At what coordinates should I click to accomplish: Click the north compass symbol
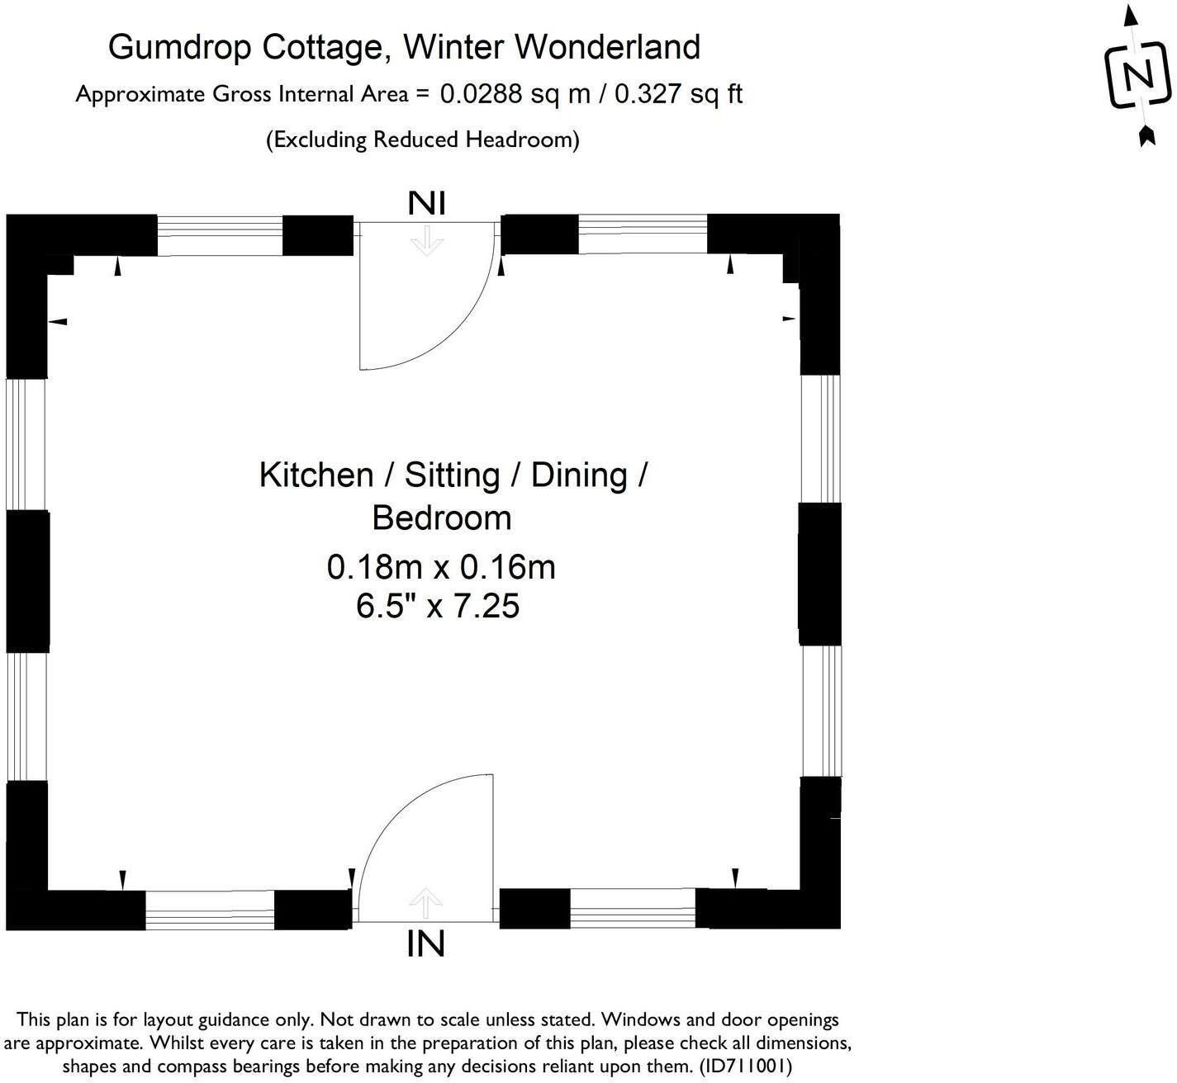point(1138,77)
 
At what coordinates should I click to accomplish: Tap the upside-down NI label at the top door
point(427,203)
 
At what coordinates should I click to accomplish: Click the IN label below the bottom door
point(425,943)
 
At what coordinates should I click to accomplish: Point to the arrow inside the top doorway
point(427,241)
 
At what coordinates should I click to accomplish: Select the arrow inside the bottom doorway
point(425,902)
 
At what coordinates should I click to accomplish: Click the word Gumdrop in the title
point(181,48)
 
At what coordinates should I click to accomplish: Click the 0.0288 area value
point(481,94)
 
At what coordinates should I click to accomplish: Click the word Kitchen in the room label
point(316,475)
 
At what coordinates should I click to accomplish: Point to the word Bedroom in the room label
point(442,518)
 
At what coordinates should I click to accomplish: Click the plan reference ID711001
point(745,1066)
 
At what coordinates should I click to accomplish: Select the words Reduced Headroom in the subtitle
point(473,140)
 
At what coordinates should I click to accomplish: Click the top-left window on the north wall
point(220,234)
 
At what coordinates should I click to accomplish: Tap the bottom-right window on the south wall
point(633,909)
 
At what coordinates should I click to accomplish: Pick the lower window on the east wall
point(821,711)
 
